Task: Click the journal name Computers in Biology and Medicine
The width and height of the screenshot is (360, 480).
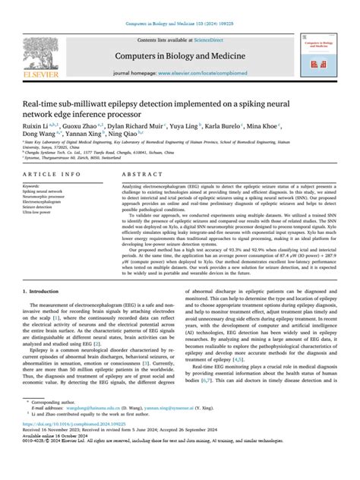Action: pos(179,56)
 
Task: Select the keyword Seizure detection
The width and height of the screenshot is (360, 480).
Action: pos(41,207)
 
